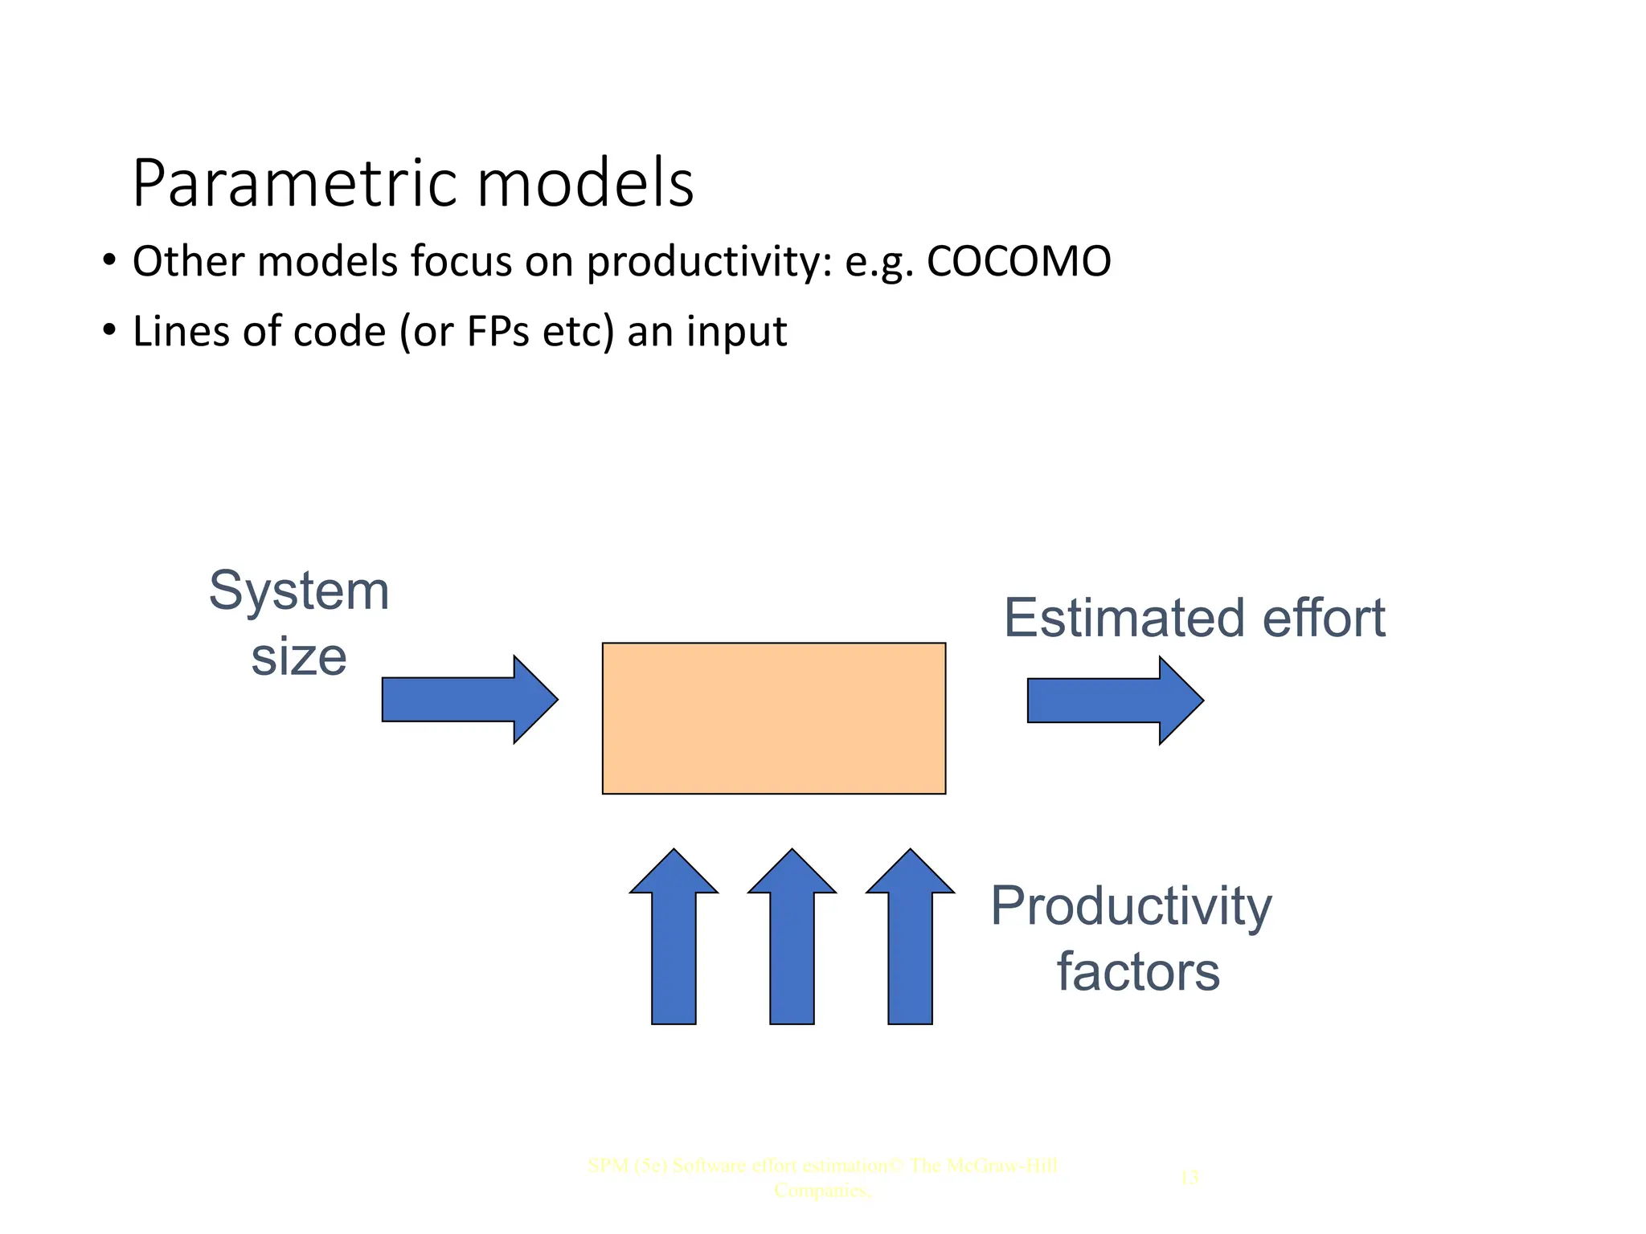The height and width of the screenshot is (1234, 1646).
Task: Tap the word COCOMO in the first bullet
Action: [1018, 262]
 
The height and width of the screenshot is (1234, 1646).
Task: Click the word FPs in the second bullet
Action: [497, 332]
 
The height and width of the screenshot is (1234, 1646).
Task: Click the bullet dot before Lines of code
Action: [109, 330]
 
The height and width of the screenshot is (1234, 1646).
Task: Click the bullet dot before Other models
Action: [109, 260]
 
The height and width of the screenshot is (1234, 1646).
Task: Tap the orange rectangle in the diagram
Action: [773, 718]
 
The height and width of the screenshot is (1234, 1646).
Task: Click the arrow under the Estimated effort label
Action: [1114, 701]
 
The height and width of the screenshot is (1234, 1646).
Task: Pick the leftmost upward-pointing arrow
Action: [674, 940]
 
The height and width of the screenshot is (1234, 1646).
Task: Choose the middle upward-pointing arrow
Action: [792, 940]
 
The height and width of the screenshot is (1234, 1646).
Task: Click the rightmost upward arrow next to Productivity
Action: [910, 940]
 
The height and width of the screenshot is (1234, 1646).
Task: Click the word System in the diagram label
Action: [299, 592]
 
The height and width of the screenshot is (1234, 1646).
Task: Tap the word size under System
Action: [299, 657]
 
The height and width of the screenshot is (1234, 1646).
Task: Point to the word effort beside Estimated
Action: [1323, 619]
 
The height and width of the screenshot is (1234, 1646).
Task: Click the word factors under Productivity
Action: [1137, 972]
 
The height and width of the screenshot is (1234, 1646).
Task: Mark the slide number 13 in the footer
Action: [1189, 1178]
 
